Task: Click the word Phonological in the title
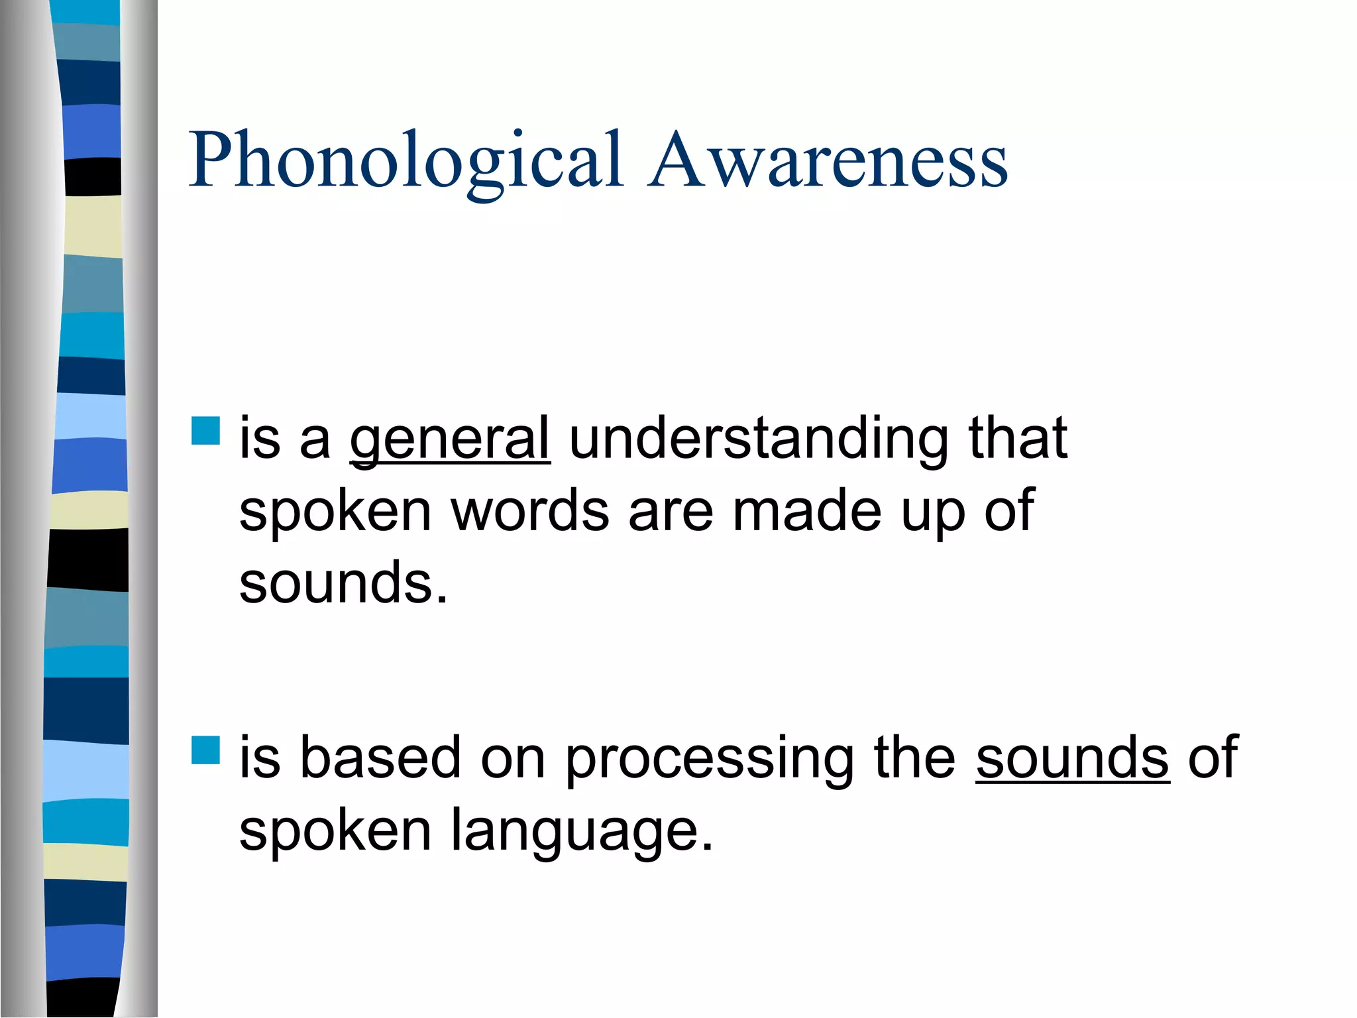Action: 406,161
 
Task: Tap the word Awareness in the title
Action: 828,161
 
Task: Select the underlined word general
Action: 450,439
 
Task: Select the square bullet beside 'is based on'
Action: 205,750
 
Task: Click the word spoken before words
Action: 335,512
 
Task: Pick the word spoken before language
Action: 335,832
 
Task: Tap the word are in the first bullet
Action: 671,512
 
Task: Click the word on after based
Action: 513,760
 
